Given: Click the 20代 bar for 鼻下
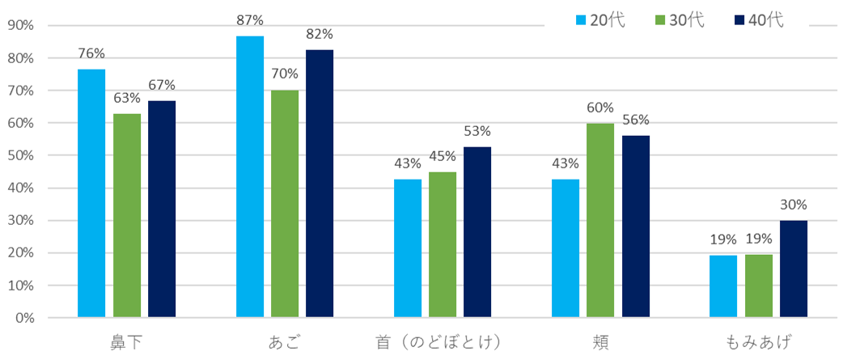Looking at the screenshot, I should [91, 193].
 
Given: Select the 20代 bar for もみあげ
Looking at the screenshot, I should [723, 286].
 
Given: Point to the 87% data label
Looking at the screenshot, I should [250, 20].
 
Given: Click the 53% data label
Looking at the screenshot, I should [477, 131].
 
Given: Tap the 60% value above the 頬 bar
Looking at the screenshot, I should [600, 108].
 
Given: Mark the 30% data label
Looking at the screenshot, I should [794, 205].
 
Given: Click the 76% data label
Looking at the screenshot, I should [91, 53].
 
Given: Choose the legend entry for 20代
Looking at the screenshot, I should [599, 20].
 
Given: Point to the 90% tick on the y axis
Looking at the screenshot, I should [19, 26].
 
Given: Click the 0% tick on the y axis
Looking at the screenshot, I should [23, 318].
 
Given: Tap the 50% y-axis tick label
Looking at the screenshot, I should [19, 155].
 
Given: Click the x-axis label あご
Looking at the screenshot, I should [285, 341].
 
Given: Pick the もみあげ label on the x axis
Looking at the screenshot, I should [759, 341].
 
